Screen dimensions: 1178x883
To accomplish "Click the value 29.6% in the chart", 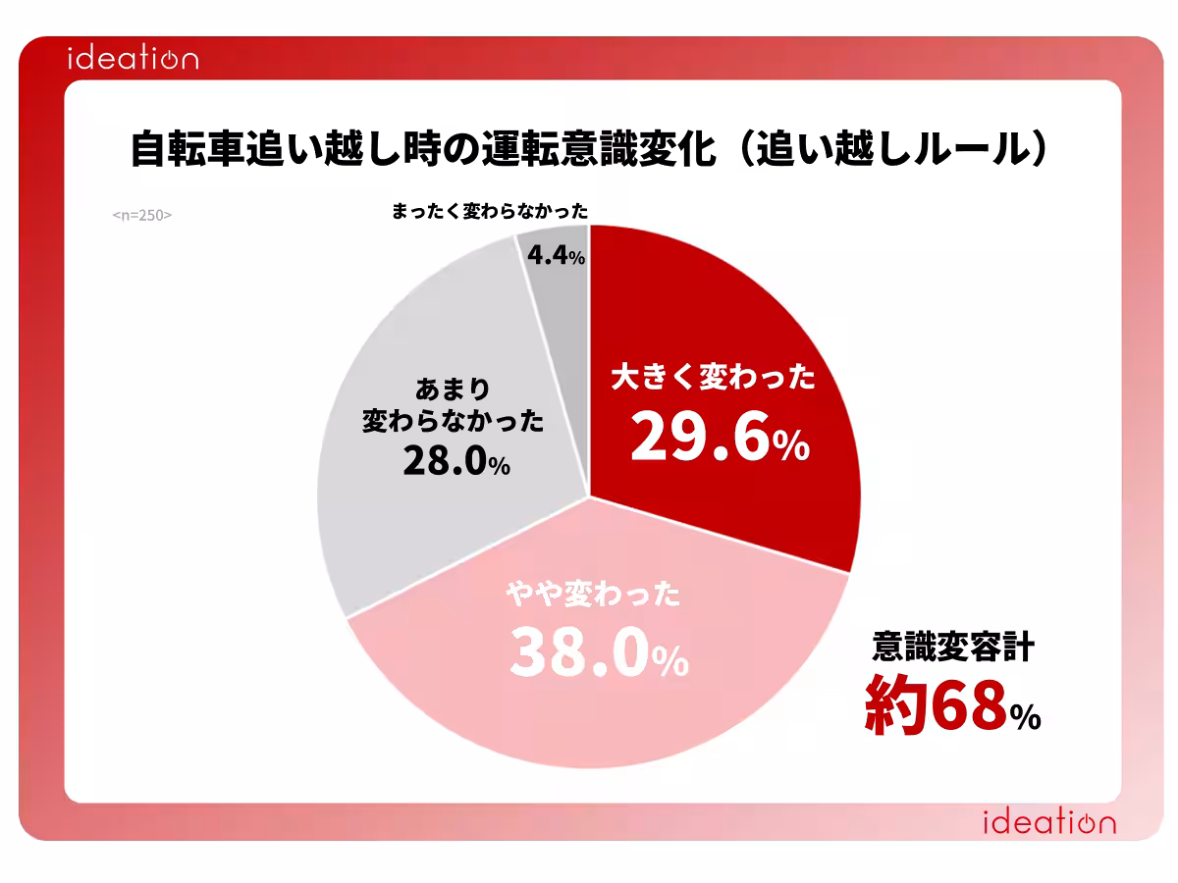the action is (721, 436).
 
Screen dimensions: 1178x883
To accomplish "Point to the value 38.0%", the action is (599, 652).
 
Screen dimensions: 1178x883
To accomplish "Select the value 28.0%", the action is (456, 461).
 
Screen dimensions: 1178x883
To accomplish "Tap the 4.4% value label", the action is (556, 255).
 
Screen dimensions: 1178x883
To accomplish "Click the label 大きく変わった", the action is (714, 377).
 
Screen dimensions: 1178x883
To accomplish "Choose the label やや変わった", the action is (594, 594).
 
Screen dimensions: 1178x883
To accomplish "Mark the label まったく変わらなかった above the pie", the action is (490, 211).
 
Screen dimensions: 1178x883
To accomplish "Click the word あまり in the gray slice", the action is (453, 389).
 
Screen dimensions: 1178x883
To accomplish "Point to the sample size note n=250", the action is (142, 215).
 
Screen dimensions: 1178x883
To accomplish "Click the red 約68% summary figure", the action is (952, 705).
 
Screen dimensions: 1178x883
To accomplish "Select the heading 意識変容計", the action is (953, 647).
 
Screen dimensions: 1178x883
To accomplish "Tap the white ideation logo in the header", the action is (134, 58).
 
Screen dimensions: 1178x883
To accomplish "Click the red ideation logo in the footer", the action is (1049, 822).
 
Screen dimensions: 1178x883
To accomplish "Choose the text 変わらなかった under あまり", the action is (453, 421).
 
